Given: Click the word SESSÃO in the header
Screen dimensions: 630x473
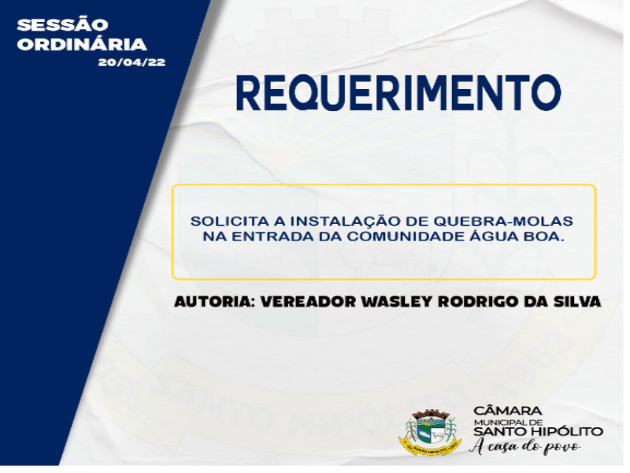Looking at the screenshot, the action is click(x=62, y=24).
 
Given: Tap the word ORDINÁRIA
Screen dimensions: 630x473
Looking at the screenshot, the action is click(x=82, y=44).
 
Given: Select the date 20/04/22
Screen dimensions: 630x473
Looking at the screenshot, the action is click(x=132, y=62).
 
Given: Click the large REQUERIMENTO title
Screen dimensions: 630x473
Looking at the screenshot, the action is click(x=398, y=93).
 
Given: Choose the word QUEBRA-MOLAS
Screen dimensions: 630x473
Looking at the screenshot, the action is click(x=503, y=222).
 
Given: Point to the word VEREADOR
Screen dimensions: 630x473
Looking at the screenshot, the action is click(x=309, y=301).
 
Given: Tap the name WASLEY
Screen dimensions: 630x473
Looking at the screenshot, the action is click(x=398, y=301).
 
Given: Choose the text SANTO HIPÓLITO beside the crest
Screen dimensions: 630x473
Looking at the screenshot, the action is click(x=539, y=431).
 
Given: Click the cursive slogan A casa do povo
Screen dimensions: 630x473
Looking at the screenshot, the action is click(x=526, y=446).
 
